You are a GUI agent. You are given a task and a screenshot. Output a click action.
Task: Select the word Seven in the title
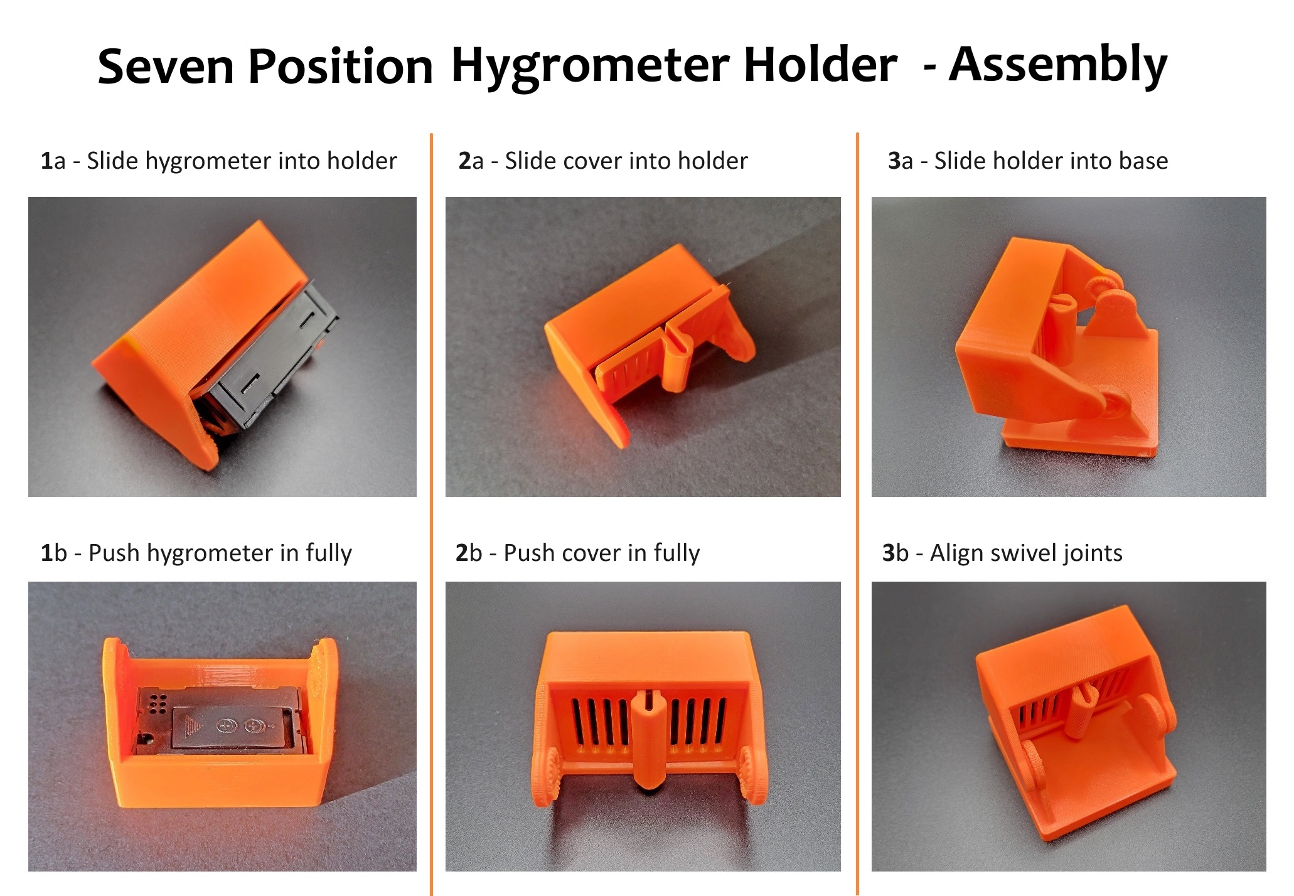[166, 67]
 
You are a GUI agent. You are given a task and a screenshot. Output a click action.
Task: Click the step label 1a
[53, 161]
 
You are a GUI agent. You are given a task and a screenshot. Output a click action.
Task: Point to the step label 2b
[468, 553]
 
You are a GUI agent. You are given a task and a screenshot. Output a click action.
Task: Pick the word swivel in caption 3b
[1020, 553]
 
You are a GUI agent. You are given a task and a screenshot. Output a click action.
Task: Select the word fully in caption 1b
[328, 553]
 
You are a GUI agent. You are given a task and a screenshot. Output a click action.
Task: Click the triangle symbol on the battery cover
[192, 726]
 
